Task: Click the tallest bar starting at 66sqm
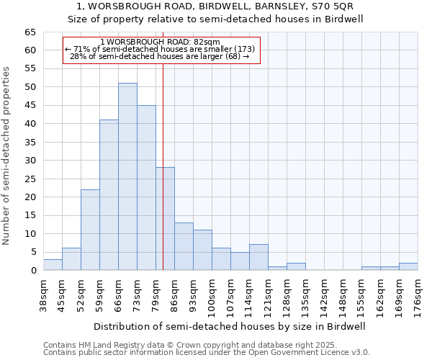point(127,176)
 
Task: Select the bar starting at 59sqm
point(109,195)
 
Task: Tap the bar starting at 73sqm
point(146,187)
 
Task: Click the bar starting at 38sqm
point(53,265)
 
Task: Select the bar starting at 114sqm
point(258,258)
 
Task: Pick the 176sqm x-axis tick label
point(418,297)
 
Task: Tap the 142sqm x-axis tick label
point(324,297)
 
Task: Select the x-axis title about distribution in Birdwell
point(230,326)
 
